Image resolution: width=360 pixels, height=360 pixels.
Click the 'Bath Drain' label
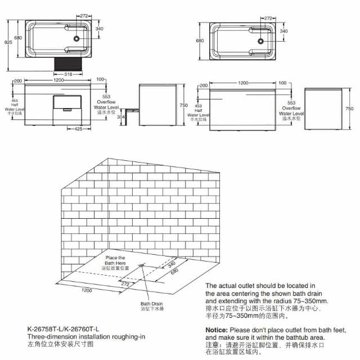[x=152, y=304]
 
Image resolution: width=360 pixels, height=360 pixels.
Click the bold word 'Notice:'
[x=217, y=330]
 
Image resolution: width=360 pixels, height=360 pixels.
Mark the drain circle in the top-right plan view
[x=260, y=40]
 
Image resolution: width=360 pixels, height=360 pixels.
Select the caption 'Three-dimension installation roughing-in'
[x=86, y=336]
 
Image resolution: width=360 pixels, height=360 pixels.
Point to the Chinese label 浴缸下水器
[x=152, y=309]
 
